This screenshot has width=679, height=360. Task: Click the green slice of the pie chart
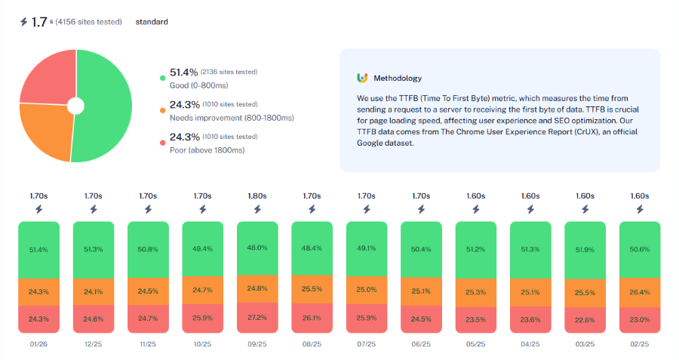[106, 106]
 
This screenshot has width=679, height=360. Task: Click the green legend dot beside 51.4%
[161, 78]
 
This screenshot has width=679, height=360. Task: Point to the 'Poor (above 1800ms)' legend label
[207, 149]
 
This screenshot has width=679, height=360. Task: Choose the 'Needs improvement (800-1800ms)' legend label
[232, 117]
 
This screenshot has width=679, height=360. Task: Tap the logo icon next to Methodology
[362, 78]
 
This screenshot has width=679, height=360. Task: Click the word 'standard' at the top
[152, 22]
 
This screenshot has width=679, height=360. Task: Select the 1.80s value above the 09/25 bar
[257, 196]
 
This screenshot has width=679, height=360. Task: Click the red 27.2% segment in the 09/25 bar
[257, 316]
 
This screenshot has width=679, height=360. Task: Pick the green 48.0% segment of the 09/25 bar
[257, 248]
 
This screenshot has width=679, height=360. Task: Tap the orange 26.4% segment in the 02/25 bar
[639, 292]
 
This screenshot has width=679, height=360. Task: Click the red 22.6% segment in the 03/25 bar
[585, 320]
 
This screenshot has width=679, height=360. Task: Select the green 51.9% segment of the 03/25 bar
[585, 250]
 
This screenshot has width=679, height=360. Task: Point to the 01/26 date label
[38, 345]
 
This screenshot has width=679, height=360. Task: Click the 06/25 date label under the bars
[421, 345]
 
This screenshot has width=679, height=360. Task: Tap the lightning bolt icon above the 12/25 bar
[94, 210]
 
